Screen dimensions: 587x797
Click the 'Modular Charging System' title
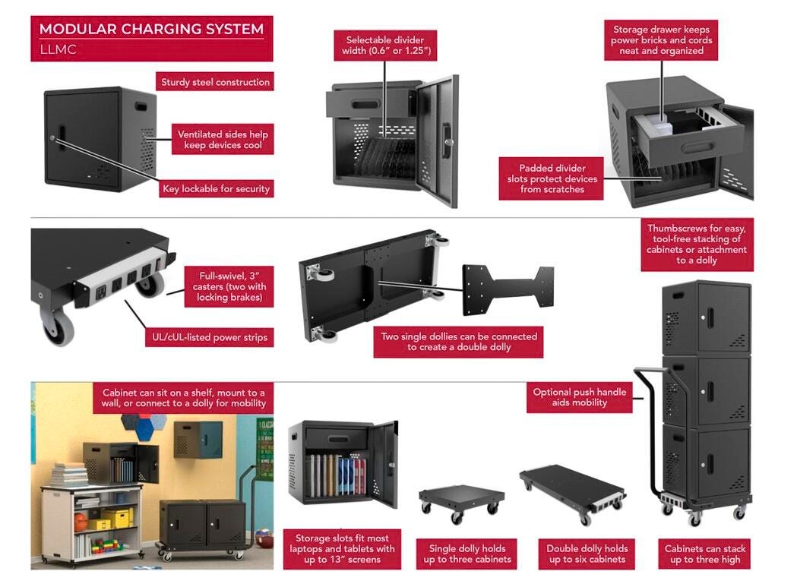point(151,30)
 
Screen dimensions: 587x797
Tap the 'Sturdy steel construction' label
point(215,82)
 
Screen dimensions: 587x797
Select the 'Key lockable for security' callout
point(216,188)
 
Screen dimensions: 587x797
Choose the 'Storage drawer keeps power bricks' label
point(662,40)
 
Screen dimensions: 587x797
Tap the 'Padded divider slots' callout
point(552,178)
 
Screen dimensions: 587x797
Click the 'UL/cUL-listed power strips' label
point(206,337)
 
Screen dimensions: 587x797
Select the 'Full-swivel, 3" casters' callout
point(229,286)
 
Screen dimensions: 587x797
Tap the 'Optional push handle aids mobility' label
point(580,397)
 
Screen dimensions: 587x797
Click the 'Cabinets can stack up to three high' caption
point(705,554)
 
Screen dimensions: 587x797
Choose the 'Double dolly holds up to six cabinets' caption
point(587,554)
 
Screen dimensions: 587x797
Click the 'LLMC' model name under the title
point(58,50)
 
